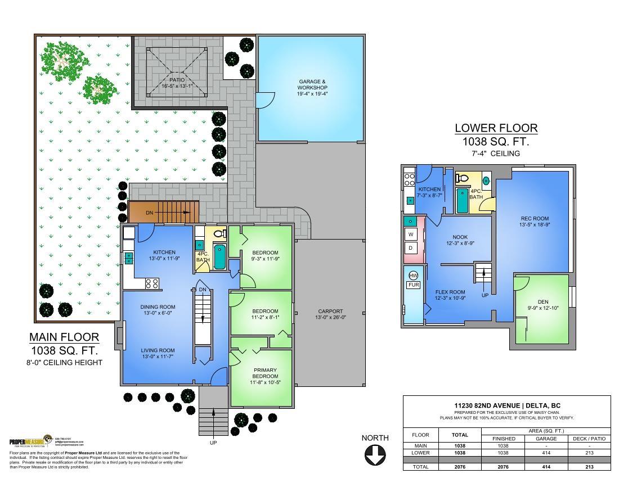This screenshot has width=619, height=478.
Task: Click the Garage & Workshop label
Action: [x=312, y=84]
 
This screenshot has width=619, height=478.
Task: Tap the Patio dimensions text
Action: [x=177, y=86]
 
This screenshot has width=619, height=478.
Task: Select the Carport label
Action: [x=330, y=311]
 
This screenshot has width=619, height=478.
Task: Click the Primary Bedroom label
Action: [x=264, y=373]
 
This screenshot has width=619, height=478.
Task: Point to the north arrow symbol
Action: [x=375, y=454]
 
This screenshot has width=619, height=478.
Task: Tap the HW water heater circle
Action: [x=413, y=276]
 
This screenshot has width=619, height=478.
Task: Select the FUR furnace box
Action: [x=413, y=285]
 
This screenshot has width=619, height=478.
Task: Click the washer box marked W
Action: [x=411, y=234]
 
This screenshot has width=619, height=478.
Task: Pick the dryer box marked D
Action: [x=411, y=247]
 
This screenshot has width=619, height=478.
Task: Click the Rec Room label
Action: [x=535, y=219]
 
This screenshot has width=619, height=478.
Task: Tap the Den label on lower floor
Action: [x=542, y=302]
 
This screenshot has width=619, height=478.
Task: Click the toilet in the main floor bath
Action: [x=219, y=233]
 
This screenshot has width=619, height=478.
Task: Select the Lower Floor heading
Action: [x=496, y=128]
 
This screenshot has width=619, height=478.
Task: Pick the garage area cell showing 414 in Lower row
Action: [x=546, y=452]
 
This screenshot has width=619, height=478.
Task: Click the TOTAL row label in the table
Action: [x=420, y=467]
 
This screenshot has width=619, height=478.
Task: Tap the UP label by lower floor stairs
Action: [x=485, y=295]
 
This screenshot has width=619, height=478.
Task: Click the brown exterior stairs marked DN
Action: [x=164, y=213]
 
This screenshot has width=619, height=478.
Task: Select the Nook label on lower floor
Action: [x=460, y=237]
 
